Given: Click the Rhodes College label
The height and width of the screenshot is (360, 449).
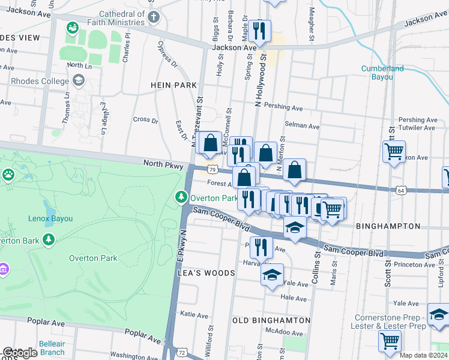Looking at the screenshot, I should click(x=39, y=80).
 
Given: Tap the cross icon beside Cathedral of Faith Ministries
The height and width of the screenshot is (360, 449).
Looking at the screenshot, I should click(x=154, y=16).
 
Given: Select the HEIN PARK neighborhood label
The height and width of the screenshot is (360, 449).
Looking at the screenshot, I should click(x=174, y=86).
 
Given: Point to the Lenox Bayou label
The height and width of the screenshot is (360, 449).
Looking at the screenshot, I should click(x=50, y=218).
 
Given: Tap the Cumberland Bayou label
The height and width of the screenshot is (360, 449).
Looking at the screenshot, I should click(x=382, y=73).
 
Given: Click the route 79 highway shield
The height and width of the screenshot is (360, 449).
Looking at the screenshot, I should click(x=212, y=170).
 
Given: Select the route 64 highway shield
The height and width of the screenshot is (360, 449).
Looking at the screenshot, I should click(x=400, y=190).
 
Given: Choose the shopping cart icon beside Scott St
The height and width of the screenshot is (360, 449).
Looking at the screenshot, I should click(x=394, y=152).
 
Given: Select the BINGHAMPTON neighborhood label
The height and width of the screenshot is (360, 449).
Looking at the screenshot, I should click(x=388, y=226).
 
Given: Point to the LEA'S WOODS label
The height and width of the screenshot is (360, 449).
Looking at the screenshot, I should click(x=206, y=272).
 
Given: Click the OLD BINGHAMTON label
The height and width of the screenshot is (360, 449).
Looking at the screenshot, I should click(x=271, y=320).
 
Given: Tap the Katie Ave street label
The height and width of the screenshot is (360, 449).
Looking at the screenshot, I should click(x=194, y=314).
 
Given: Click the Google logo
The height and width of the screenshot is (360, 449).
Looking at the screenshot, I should click(x=20, y=353).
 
